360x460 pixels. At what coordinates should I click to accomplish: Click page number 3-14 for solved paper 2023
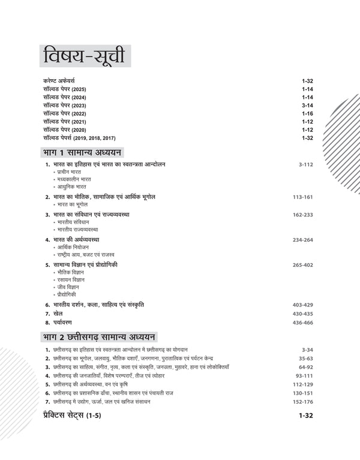(x=308, y=105)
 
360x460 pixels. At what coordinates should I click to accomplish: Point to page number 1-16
(x=308, y=113)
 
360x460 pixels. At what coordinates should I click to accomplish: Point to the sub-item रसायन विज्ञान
(x=71, y=279)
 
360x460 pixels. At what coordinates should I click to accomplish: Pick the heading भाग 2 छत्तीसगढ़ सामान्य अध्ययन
(x=98, y=336)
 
